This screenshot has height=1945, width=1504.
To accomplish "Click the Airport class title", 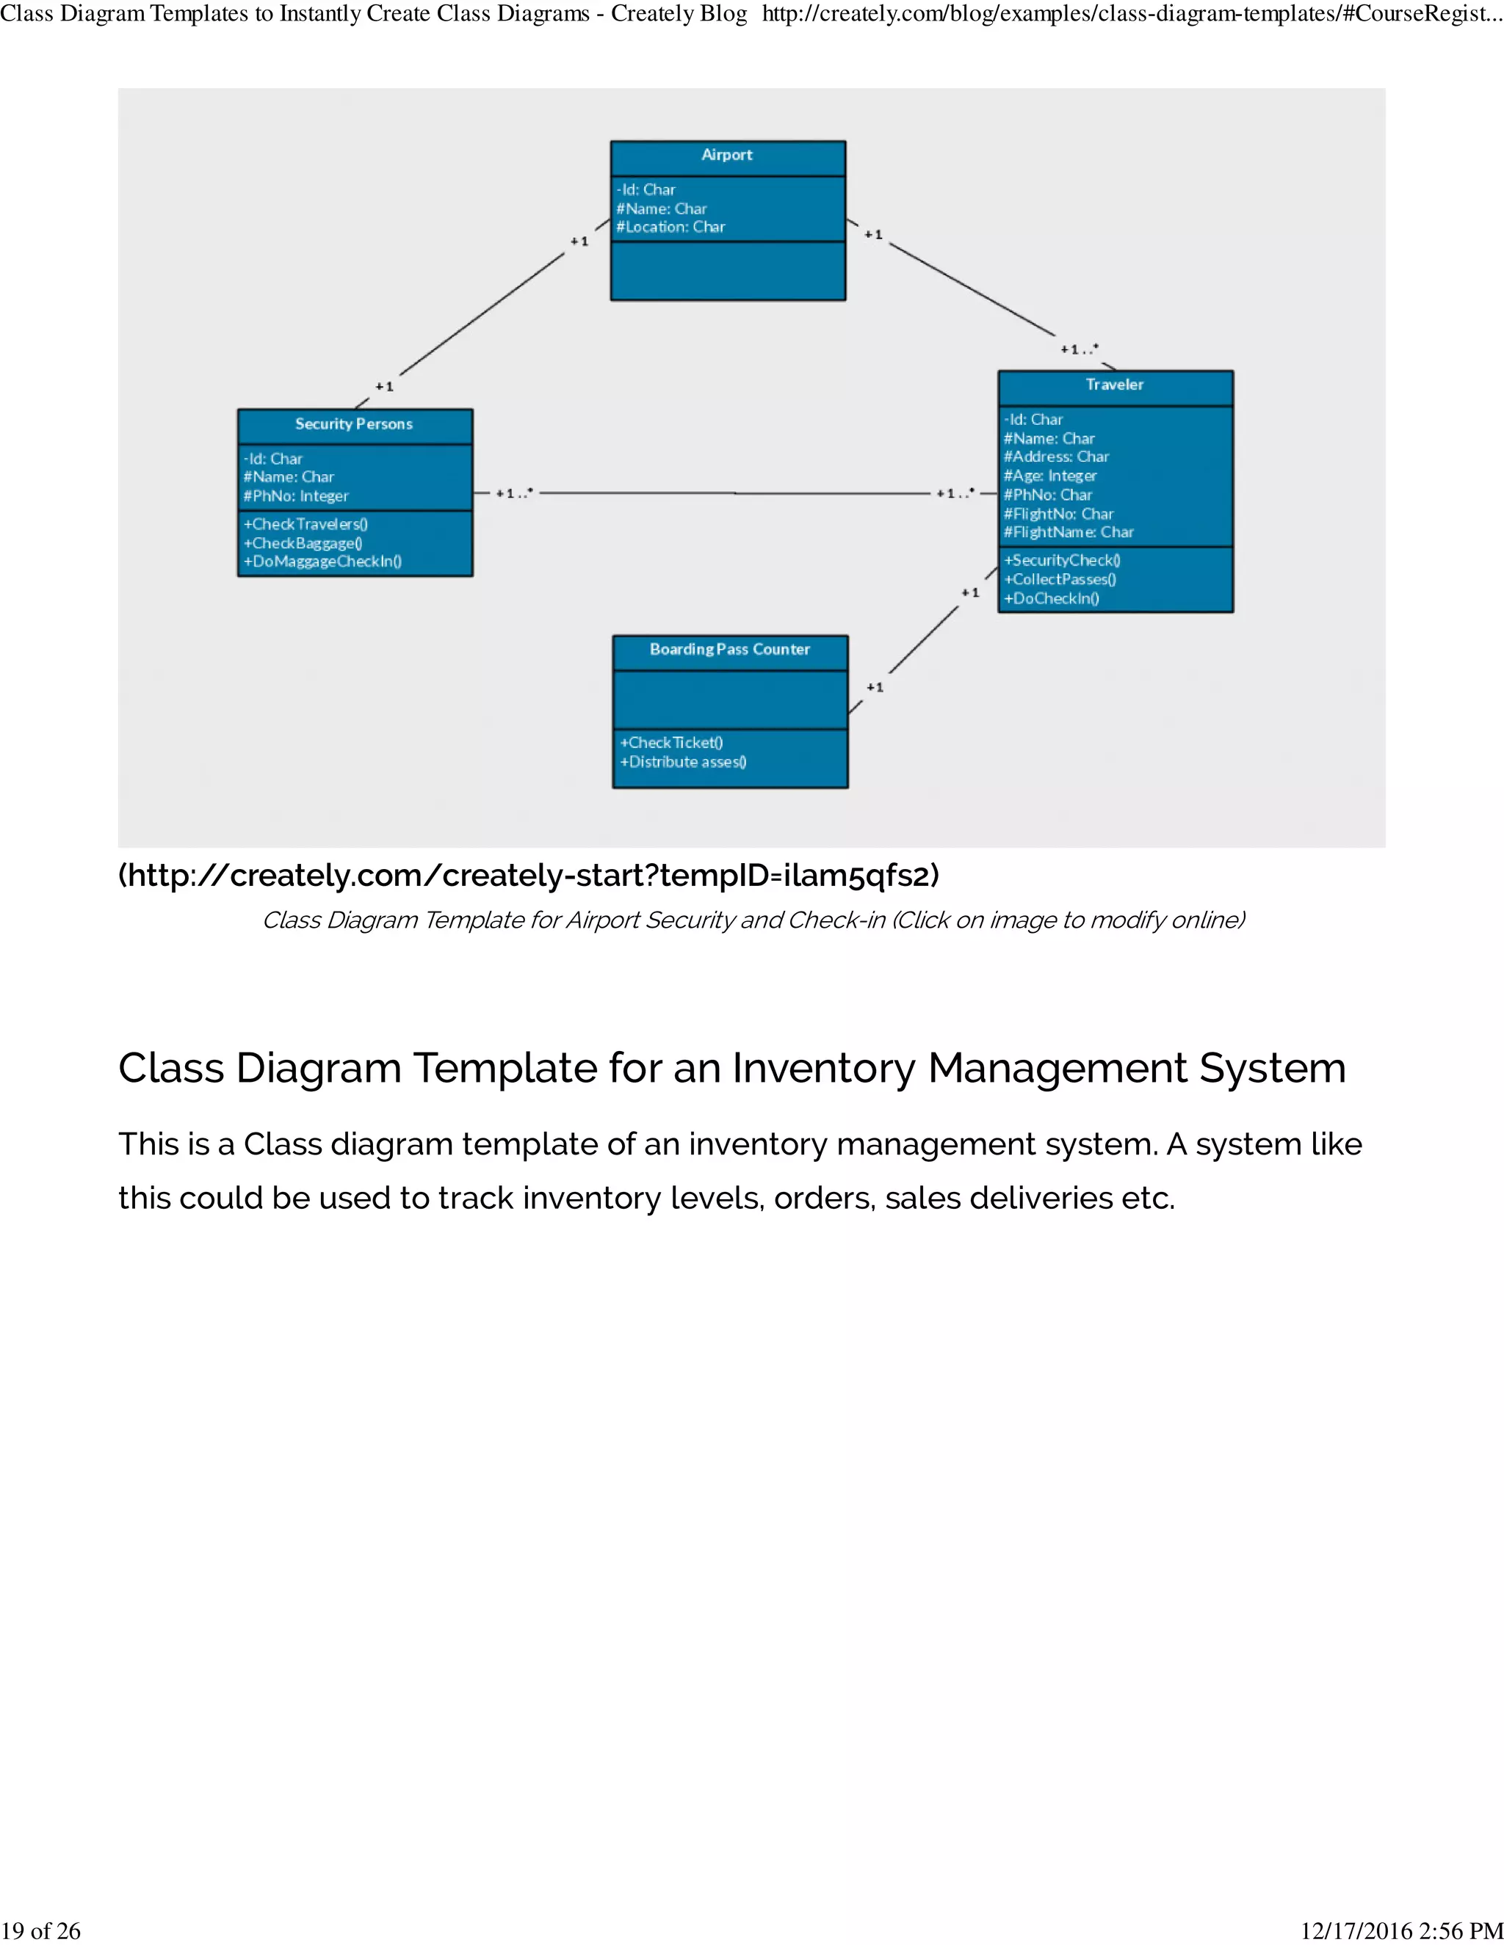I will point(727,155).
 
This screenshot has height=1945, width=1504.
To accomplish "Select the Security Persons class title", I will point(354,424).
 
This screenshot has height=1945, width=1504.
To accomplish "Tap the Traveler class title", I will point(1114,385).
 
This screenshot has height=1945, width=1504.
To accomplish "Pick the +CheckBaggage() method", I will point(303,543).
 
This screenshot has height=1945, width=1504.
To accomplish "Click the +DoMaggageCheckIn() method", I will point(322,562).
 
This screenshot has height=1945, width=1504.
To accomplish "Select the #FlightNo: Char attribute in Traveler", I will point(1058,514).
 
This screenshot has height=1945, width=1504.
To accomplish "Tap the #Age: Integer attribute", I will point(1049,476).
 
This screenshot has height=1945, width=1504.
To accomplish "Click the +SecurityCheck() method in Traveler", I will point(1062,560).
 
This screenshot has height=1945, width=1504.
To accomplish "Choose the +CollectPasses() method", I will point(1060,580).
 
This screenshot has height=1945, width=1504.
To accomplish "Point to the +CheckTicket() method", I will point(672,743).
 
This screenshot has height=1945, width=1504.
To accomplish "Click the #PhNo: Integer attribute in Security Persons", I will point(296,496).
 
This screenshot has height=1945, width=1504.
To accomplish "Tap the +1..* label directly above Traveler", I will point(1079,349).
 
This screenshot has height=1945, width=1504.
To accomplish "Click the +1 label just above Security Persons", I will point(384,387).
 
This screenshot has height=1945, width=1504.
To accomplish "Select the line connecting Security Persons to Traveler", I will point(735,492).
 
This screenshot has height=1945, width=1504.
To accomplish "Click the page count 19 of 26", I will point(41,1931).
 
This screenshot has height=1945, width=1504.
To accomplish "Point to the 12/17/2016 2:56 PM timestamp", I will point(1401,1931).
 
